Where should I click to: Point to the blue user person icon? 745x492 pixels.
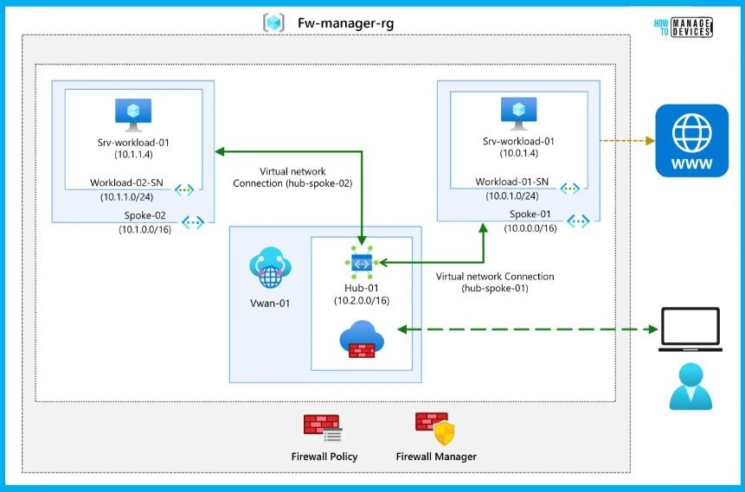pyautogui.click(x=690, y=386)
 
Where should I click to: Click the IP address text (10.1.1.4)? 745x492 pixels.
pyautogui.click(x=133, y=154)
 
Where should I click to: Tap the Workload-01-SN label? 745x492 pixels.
pyautogui.click(x=512, y=182)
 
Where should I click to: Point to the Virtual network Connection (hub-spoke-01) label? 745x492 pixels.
pyautogui.click(x=495, y=282)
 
